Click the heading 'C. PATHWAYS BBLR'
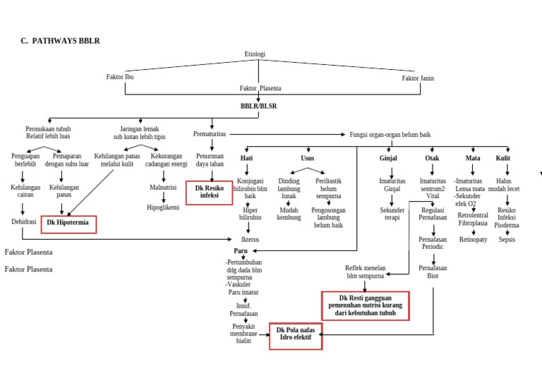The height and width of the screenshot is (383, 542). (60, 41)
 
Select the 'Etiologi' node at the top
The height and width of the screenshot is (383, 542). (255, 54)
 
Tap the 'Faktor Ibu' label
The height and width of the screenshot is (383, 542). (120, 78)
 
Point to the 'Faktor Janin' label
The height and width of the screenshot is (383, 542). (418, 78)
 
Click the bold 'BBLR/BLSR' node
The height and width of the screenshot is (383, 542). (258, 107)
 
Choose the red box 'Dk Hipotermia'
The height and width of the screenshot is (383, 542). (68, 224)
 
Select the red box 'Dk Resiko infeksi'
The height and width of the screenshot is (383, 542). (209, 193)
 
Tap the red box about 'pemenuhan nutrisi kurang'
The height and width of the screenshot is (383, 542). (366, 305)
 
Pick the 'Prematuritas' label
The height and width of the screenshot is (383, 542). (210, 134)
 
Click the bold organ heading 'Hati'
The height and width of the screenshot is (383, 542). (246, 159)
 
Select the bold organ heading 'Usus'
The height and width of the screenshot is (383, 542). (308, 159)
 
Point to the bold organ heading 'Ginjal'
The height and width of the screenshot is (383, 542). (388, 159)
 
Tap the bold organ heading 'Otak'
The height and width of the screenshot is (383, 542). (432, 159)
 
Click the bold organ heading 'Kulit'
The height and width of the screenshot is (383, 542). (503, 159)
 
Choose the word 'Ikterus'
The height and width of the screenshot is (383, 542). (250, 240)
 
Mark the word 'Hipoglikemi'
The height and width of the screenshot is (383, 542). (163, 208)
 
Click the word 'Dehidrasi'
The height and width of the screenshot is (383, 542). (23, 221)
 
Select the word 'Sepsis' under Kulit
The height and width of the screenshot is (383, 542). (507, 240)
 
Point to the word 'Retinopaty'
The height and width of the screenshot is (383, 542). (473, 240)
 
